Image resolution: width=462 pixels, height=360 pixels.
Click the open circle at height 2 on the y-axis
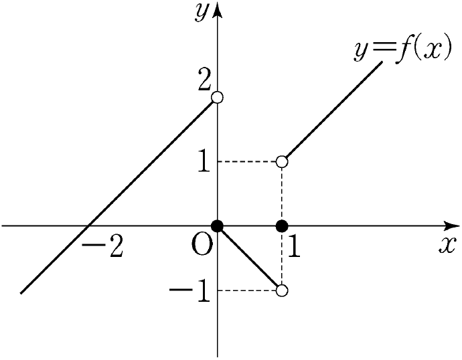click(217, 97)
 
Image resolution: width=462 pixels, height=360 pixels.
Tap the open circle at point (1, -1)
click(282, 290)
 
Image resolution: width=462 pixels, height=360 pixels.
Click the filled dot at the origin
click(217, 226)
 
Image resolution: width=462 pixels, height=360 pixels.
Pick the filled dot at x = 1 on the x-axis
click(282, 226)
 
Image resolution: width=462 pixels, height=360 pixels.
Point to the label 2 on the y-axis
click(204, 80)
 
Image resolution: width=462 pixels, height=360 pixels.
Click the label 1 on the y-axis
click(204, 161)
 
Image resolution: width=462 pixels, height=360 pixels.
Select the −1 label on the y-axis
click(190, 291)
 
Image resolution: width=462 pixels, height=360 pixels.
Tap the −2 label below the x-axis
click(102, 248)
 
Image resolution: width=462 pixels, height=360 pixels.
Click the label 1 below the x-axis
click(294, 248)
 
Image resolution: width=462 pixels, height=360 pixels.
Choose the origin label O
click(202, 245)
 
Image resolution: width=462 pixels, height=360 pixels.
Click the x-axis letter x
click(447, 246)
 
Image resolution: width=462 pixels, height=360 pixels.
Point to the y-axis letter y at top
click(202, 13)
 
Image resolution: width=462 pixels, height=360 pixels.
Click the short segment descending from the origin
click(250, 258)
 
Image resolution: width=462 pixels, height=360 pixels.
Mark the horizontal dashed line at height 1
click(250, 162)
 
